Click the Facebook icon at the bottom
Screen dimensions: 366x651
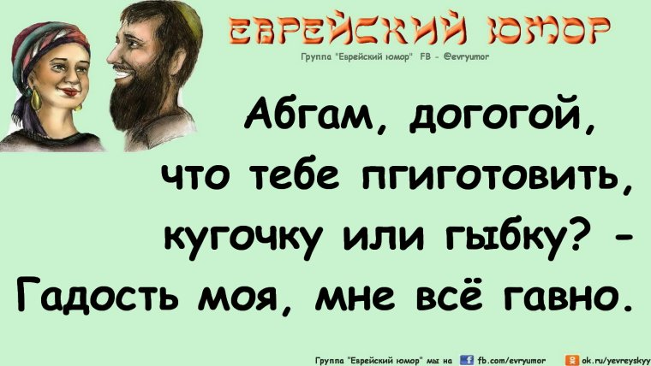469,358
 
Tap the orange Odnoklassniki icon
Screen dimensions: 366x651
574,358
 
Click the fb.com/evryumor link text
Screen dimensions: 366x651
514,359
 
